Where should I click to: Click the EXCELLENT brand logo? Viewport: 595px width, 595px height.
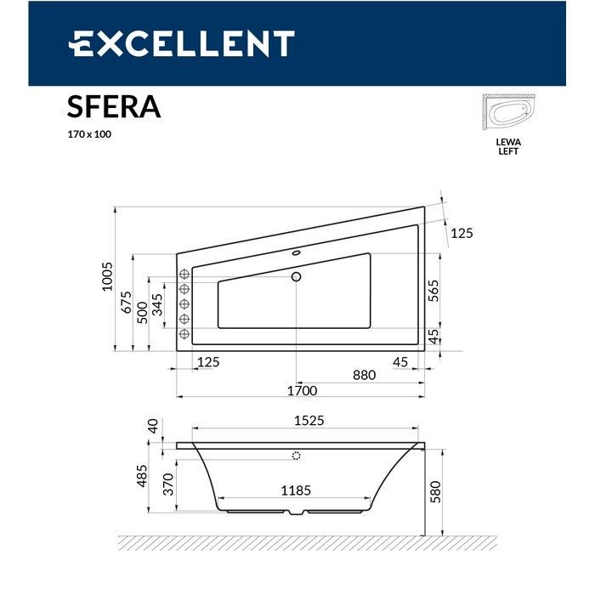181,43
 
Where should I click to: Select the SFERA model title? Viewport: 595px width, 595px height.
113,108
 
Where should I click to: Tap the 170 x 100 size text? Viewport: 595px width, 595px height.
89,134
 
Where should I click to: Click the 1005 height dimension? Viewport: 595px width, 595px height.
107,278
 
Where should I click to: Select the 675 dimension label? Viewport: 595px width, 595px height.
126,303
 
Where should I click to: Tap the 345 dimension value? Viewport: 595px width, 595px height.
157,307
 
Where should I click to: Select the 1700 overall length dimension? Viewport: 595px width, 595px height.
301,391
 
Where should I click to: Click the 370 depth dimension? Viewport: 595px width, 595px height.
167,484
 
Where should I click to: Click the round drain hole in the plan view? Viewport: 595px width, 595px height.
297,276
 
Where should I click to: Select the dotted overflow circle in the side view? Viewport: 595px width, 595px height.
296,456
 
